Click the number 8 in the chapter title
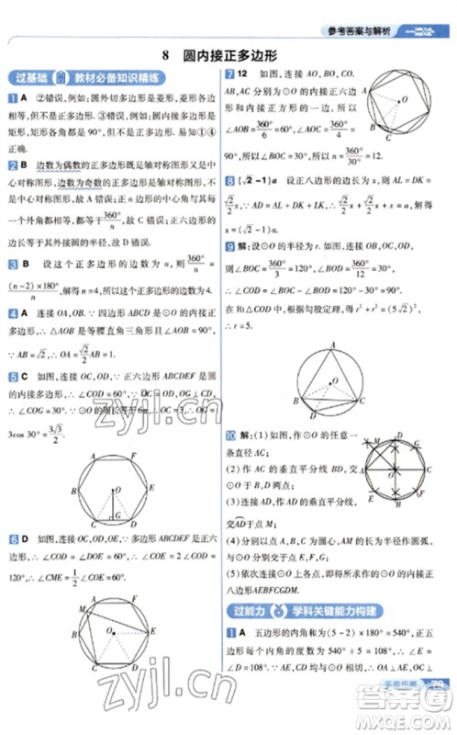click(164, 54)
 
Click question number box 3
click(12, 265)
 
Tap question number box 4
click(12, 313)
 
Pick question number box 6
click(12, 536)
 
